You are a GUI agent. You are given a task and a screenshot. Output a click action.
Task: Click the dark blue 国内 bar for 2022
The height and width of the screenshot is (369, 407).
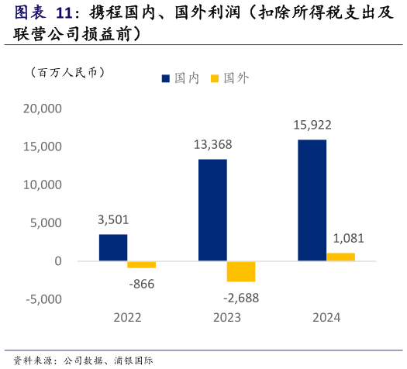coord(113,247)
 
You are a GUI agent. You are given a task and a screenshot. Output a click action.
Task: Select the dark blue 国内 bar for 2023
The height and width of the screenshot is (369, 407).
coord(212,210)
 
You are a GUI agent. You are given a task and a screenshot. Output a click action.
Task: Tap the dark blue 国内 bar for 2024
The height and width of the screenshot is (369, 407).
coord(312,200)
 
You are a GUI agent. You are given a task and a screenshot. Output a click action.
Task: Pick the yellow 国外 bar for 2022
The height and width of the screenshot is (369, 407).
coord(142,264)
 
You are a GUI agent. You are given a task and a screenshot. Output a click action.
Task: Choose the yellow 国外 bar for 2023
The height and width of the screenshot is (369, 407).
coord(241,271)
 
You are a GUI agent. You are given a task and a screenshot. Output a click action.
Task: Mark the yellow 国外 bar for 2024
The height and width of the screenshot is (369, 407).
coord(340,257)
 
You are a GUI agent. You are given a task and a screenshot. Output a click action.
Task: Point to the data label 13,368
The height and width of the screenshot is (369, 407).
coord(212,145)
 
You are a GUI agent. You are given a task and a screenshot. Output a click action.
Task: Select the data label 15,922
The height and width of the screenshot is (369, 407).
coord(312,125)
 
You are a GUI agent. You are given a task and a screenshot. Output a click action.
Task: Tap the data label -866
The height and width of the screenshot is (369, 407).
coord(142,284)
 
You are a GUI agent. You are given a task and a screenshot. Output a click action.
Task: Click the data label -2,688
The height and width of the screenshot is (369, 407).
coord(241,298)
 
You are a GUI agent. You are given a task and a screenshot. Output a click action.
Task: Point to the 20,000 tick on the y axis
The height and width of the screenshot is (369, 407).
coord(43,109)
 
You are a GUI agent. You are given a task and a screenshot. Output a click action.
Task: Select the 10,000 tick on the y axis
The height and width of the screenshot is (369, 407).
coord(43,184)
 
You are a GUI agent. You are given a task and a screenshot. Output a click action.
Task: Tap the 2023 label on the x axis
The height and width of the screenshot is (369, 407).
coord(226,318)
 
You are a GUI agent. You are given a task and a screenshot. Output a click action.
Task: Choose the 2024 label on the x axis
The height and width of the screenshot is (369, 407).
coord(326,318)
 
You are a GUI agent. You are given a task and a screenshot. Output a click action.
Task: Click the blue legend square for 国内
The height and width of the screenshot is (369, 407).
coord(167,78)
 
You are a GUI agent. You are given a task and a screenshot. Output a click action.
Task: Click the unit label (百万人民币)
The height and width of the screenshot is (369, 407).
coord(67,72)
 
